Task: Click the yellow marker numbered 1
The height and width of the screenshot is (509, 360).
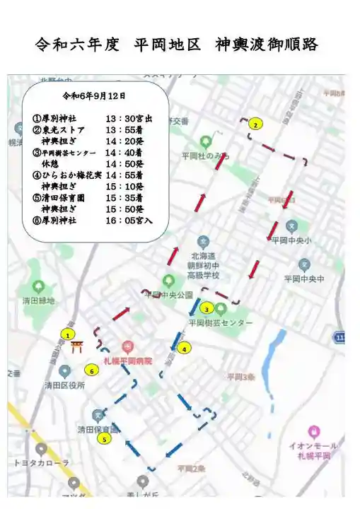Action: click(x=68, y=334)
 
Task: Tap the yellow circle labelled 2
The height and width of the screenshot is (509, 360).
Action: click(x=255, y=124)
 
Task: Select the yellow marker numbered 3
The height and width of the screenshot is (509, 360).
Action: click(x=207, y=308)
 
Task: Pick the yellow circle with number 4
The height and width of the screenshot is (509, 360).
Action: click(x=184, y=348)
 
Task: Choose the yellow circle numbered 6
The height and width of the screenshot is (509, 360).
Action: click(x=91, y=369)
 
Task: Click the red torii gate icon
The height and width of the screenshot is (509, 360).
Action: click(x=76, y=347)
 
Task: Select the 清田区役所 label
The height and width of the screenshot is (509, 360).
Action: click(x=64, y=385)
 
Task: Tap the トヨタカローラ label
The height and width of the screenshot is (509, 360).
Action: click(x=42, y=463)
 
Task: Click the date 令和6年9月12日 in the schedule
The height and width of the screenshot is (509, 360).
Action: click(x=94, y=95)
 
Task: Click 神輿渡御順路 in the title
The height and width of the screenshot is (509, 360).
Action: click(x=269, y=45)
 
